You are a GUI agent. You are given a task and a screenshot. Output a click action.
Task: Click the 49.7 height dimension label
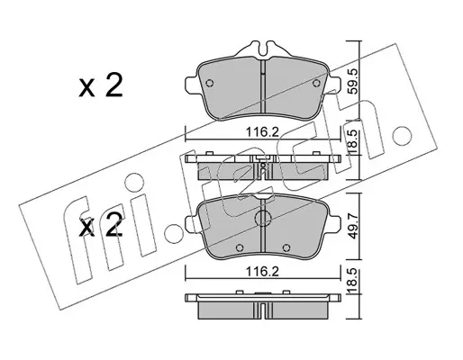pyautogui.click(x=354, y=225)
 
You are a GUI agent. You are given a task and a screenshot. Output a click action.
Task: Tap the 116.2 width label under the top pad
pyautogui.click(x=262, y=131)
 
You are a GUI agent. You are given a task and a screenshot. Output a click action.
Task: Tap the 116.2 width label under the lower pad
pyautogui.click(x=262, y=272)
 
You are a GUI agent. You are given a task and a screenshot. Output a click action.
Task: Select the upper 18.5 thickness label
pyautogui.click(x=354, y=142)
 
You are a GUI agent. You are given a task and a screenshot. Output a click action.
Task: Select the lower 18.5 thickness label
pyautogui.click(x=354, y=282)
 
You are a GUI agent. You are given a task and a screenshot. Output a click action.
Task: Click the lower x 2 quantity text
pyautogui.click(x=101, y=228)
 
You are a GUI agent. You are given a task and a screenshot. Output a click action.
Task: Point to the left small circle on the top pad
pyautogui.click(x=209, y=83)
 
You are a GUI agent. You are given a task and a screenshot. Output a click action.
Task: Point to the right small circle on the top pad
pyautogui.click(x=316, y=83)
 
